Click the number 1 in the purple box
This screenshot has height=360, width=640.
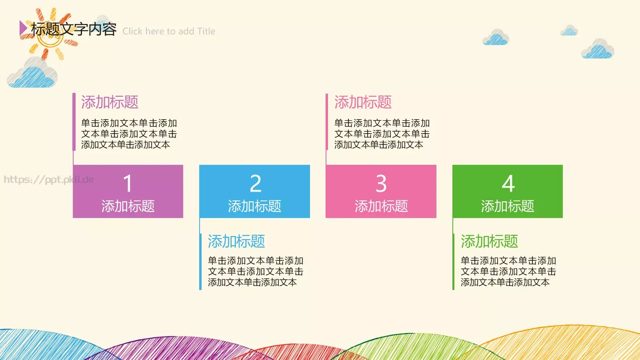coord(128,184)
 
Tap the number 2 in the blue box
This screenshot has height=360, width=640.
coord(255,184)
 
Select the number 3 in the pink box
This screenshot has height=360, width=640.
coord(381,184)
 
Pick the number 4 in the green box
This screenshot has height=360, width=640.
coord(508,184)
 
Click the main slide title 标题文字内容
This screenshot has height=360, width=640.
coord(74,29)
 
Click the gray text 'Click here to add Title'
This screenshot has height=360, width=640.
coord(169,31)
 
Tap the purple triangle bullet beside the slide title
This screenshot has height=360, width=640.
coord(23,28)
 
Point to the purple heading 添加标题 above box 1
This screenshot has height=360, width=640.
coord(110,102)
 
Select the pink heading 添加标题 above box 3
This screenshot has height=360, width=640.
coord(363,102)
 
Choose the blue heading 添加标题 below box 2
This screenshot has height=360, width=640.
coord(236,242)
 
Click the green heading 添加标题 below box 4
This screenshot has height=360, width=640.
coord(489,242)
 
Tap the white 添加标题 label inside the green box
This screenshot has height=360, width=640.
coord(508,206)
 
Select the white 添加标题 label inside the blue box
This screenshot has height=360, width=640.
coord(254,206)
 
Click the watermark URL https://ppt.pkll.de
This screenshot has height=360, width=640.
coord(49,180)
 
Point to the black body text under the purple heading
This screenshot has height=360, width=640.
coord(129,134)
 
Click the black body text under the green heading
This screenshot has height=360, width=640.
coord(508,272)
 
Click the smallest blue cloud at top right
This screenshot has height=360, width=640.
coord(569,30)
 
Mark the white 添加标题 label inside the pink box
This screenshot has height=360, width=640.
coord(381,206)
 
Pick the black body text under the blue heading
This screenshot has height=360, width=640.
coord(255,272)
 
